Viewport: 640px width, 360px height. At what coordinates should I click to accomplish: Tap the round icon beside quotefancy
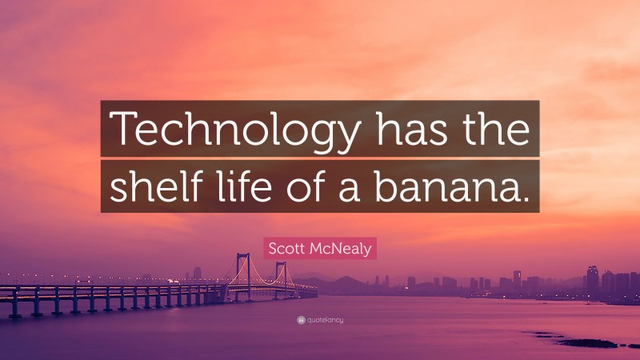point(301,320)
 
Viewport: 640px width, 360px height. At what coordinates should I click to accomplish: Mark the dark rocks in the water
point(588,342)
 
